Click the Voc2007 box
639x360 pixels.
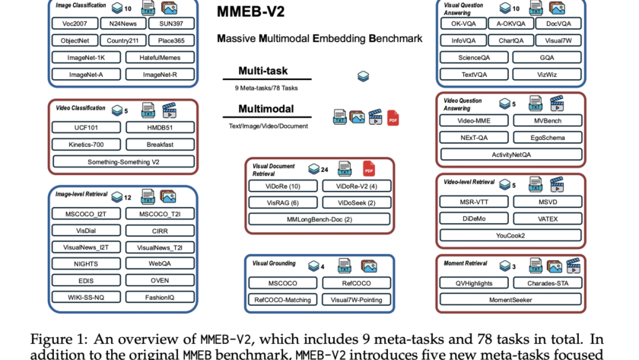(73, 24)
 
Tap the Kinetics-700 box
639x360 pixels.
(85, 144)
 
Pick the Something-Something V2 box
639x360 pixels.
(123, 161)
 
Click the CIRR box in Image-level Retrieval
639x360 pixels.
(159, 229)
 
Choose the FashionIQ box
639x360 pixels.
(159, 296)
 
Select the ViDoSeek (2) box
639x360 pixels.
(355, 202)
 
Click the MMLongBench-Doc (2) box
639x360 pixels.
(319, 219)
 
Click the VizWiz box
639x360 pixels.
(547, 75)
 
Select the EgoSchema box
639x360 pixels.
(547, 137)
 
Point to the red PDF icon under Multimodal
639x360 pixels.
(393, 118)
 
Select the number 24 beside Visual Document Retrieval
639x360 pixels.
(324, 168)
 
